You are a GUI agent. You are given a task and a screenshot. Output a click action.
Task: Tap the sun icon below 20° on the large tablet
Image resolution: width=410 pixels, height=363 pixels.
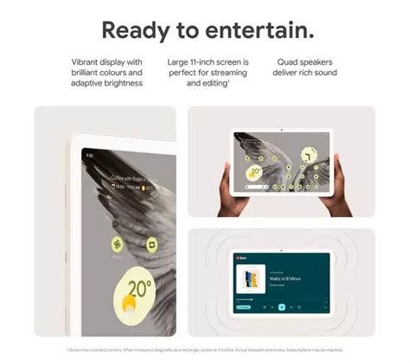(128, 304)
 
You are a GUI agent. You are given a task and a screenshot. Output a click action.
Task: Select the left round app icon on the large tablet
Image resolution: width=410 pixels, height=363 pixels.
(117, 245)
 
